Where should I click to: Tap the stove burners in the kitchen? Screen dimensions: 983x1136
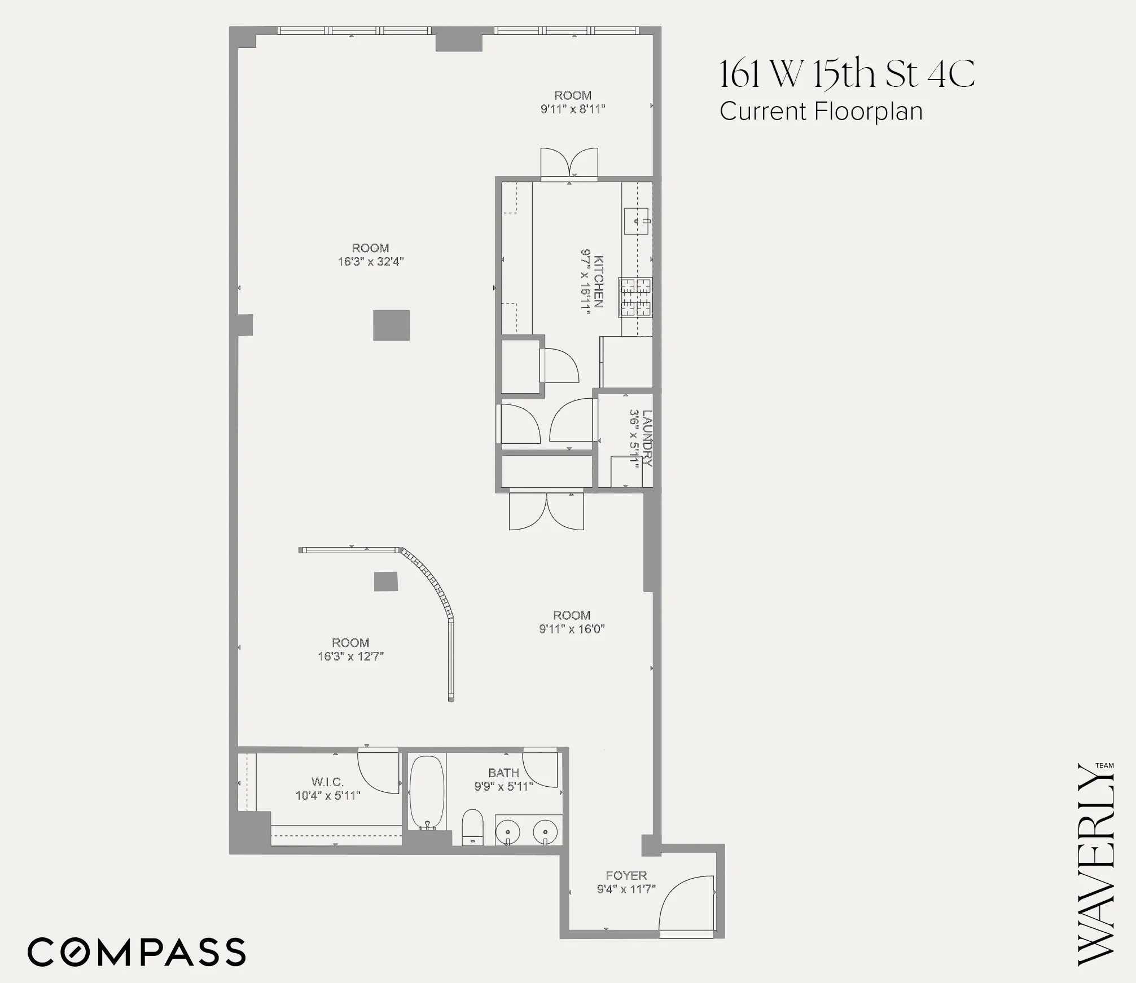pyautogui.click(x=636, y=297)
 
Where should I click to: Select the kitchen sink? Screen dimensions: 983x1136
pyautogui.click(x=637, y=221)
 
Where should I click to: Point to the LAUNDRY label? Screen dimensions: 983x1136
pyautogui.click(x=647, y=438)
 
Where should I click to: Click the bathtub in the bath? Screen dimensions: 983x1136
pyautogui.click(x=427, y=791)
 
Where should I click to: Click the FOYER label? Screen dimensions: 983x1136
pyautogui.click(x=626, y=875)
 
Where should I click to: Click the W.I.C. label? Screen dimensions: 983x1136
pyautogui.click(x=327, y=782)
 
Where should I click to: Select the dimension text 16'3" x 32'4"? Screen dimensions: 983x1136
pyautogui.click(x=371, y=262)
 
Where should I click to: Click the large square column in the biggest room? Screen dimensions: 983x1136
pyautogui.click(x=391, y=325)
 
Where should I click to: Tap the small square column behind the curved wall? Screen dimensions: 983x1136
pyautogui.click(x=386, y=581)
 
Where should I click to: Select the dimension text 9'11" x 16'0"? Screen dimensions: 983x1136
pyautogui.click(x=572, y=629)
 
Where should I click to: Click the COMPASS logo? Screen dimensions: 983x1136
pyautogui.click(x=137, y=952)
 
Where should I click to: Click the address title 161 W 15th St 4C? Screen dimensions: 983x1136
pyautogui.click(x=846, y=74)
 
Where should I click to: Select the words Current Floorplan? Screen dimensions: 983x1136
pyautogui.click(x=821, y=111)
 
